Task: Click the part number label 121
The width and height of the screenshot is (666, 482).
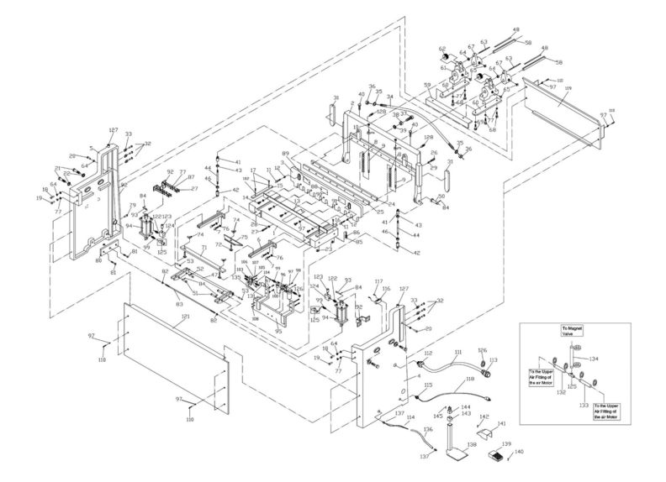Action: coord(185,316)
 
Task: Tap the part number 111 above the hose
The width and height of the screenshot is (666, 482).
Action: coord(458,351)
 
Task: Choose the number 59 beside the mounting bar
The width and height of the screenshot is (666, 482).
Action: coord(427,85)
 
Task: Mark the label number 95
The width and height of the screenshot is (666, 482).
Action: coord(278,331)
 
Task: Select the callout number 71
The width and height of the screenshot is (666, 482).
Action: coord(203,248)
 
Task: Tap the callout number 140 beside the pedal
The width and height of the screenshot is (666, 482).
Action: coord(519,452)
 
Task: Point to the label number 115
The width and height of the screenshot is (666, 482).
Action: coord(428,385)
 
